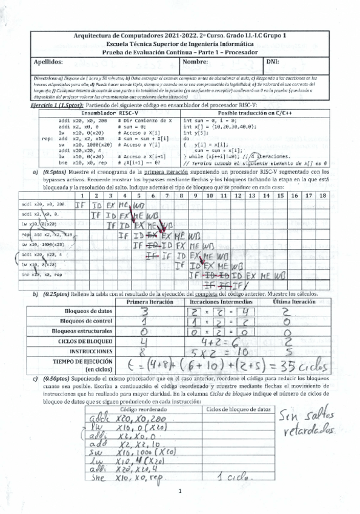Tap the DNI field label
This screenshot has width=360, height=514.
(273, 62)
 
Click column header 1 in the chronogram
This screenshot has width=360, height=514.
(81, 196)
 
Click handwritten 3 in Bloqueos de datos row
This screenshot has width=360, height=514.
(144, 312)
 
